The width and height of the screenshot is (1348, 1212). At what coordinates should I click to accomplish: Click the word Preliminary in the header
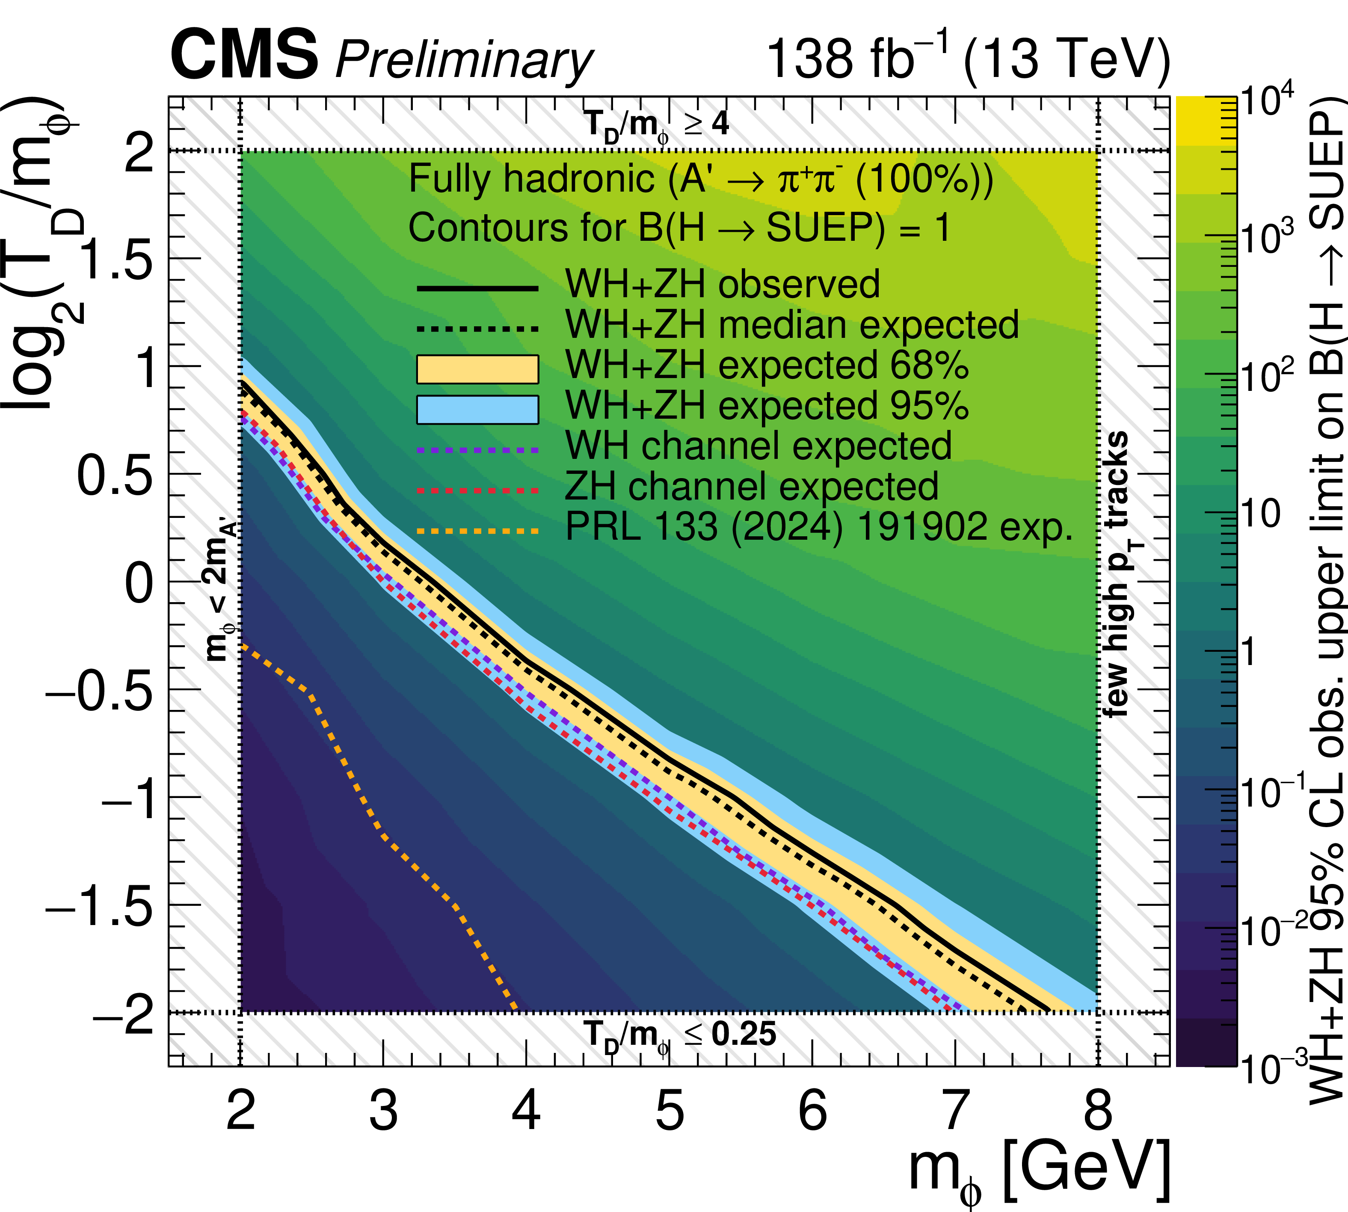tap(464, 60)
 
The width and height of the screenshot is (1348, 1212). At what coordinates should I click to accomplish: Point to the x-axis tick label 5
tap(670, 1110)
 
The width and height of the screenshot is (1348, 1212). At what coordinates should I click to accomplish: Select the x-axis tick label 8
tap(1098, 1110)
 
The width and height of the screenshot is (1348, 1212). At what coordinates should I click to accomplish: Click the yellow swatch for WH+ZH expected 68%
tap(477, 369)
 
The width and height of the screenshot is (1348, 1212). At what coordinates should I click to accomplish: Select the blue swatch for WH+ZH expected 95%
tap(477, 410)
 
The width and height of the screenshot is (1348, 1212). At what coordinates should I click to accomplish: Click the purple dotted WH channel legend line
tap(477, 450)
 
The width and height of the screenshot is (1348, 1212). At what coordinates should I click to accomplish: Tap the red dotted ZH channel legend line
tap(477, 491)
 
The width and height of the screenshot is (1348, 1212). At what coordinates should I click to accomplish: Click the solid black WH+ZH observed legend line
tap(477, 288)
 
